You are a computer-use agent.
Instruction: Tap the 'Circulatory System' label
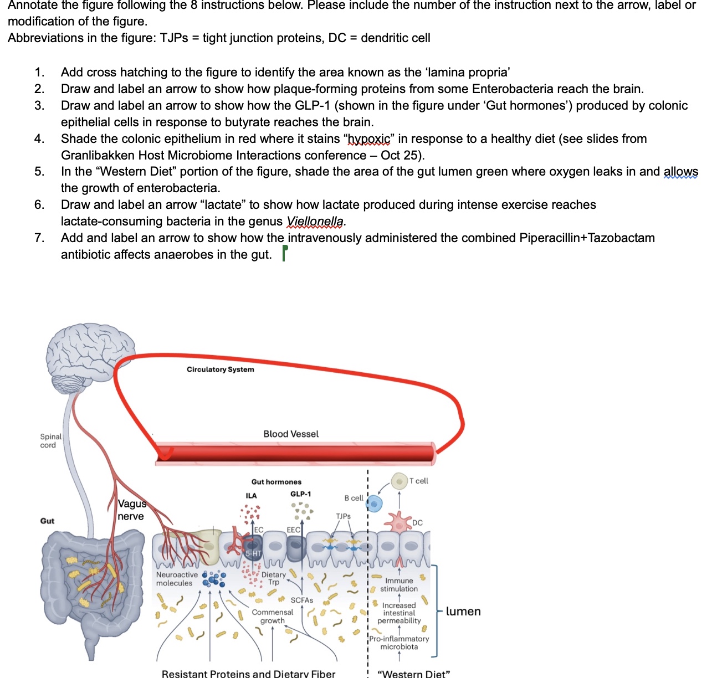(220, 369)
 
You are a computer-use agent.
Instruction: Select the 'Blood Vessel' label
(291, 434)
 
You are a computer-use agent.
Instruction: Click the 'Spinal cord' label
(50, 441)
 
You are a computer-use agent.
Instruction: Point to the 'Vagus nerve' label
(131, 510)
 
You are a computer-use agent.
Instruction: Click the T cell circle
(399, 481)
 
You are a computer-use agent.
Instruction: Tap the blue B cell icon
(375, 504)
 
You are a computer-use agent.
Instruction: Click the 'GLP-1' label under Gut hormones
(300, 494)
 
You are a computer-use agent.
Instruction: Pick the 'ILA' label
(251, 496)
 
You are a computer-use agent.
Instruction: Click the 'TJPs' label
(343, 516)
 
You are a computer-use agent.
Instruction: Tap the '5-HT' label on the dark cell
(253, 553)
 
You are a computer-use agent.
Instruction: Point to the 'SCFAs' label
(301, 600)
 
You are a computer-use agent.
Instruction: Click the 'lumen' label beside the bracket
(463, 612)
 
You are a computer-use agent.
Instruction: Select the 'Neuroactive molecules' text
(176, 579)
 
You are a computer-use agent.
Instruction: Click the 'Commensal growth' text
(272, 617)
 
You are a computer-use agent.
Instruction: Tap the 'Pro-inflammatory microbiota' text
(399, 643)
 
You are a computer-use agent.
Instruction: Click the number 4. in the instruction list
(39, 138)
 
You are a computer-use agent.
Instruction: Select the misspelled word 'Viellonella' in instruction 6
(315, 222)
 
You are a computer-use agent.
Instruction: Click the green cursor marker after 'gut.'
(285, 253)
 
